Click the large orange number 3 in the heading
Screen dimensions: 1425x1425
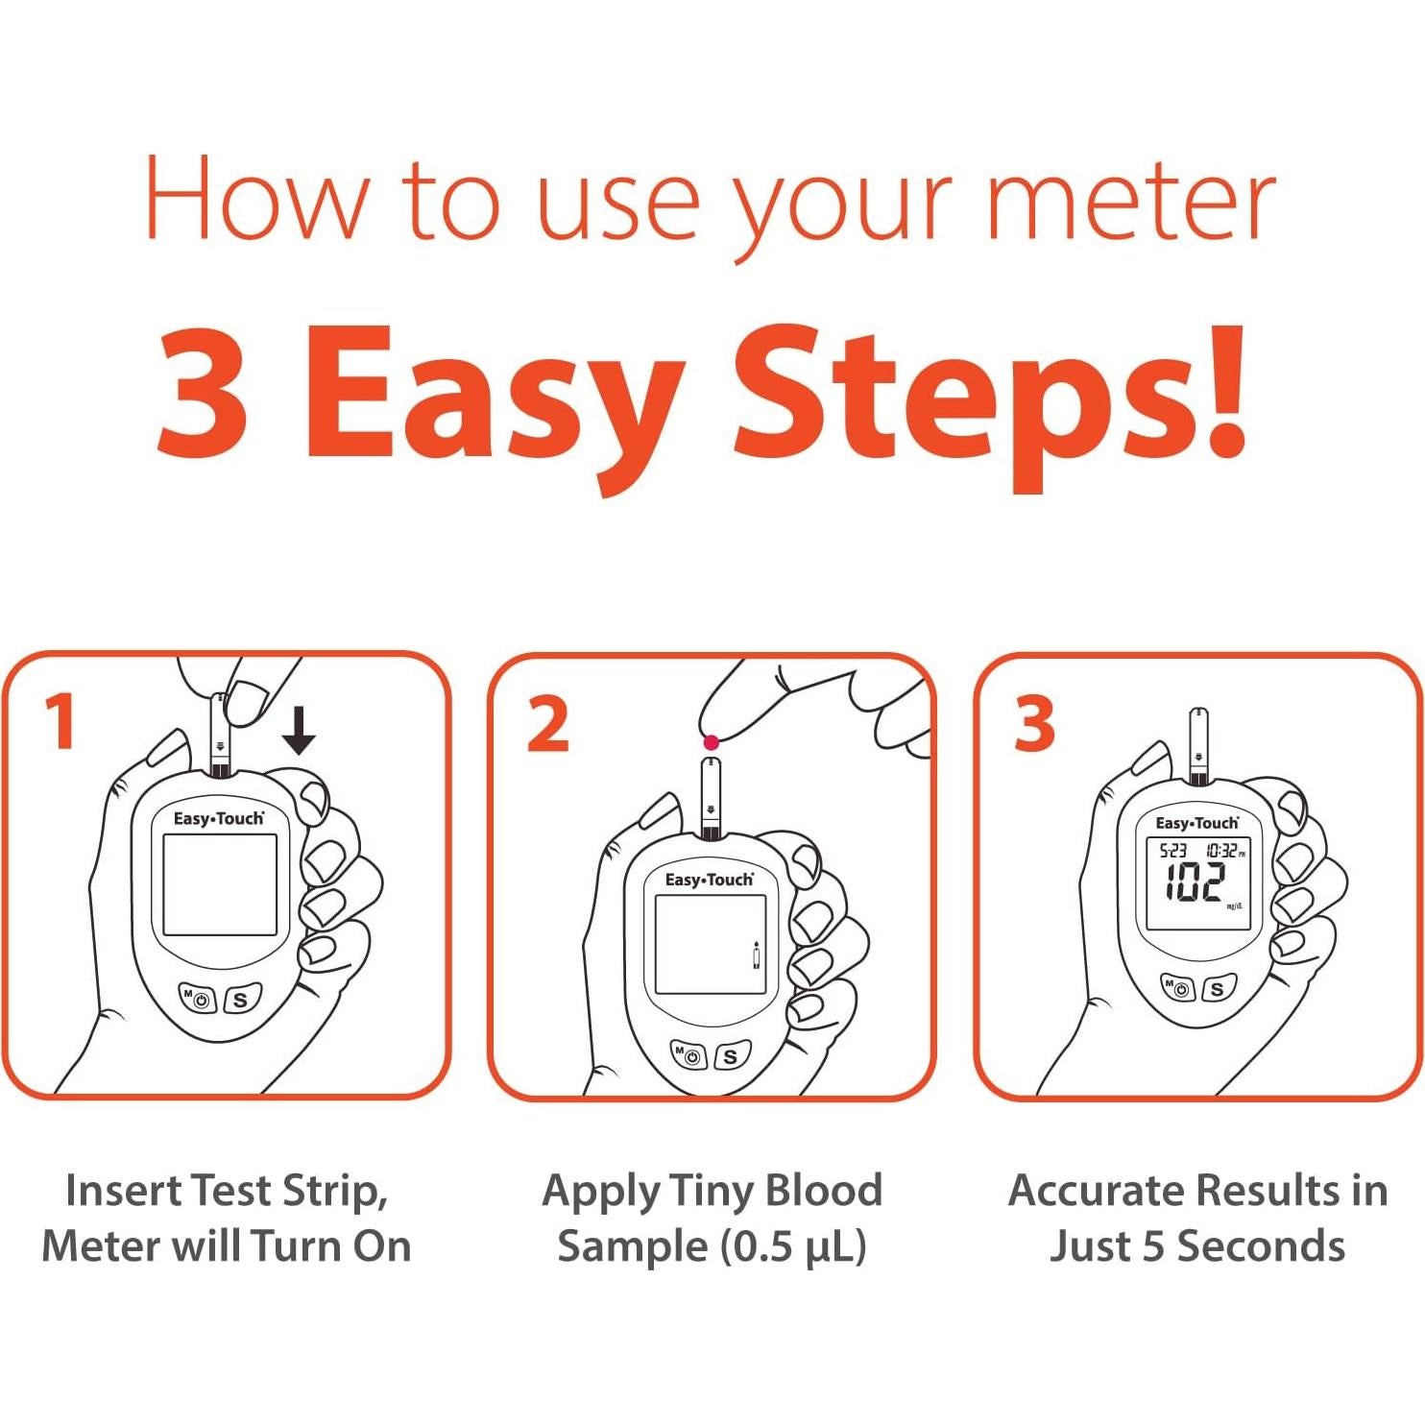tap(203, 392)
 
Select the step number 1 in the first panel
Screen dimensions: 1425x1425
tap(61, 721)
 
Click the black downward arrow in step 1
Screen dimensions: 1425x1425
tap(299, 731)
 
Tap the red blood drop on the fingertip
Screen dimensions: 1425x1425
tap(712, 741)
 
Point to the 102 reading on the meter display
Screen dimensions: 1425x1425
tap(1196, 882)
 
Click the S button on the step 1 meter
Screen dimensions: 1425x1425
tap(241, 1000)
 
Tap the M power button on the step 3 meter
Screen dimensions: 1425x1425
tap(1177, 987)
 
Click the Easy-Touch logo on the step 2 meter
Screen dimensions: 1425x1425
tap(710, 880)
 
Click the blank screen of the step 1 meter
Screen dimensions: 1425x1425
tap(220, 884)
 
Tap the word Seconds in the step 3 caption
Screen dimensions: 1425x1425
tap(1261, 1245)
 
